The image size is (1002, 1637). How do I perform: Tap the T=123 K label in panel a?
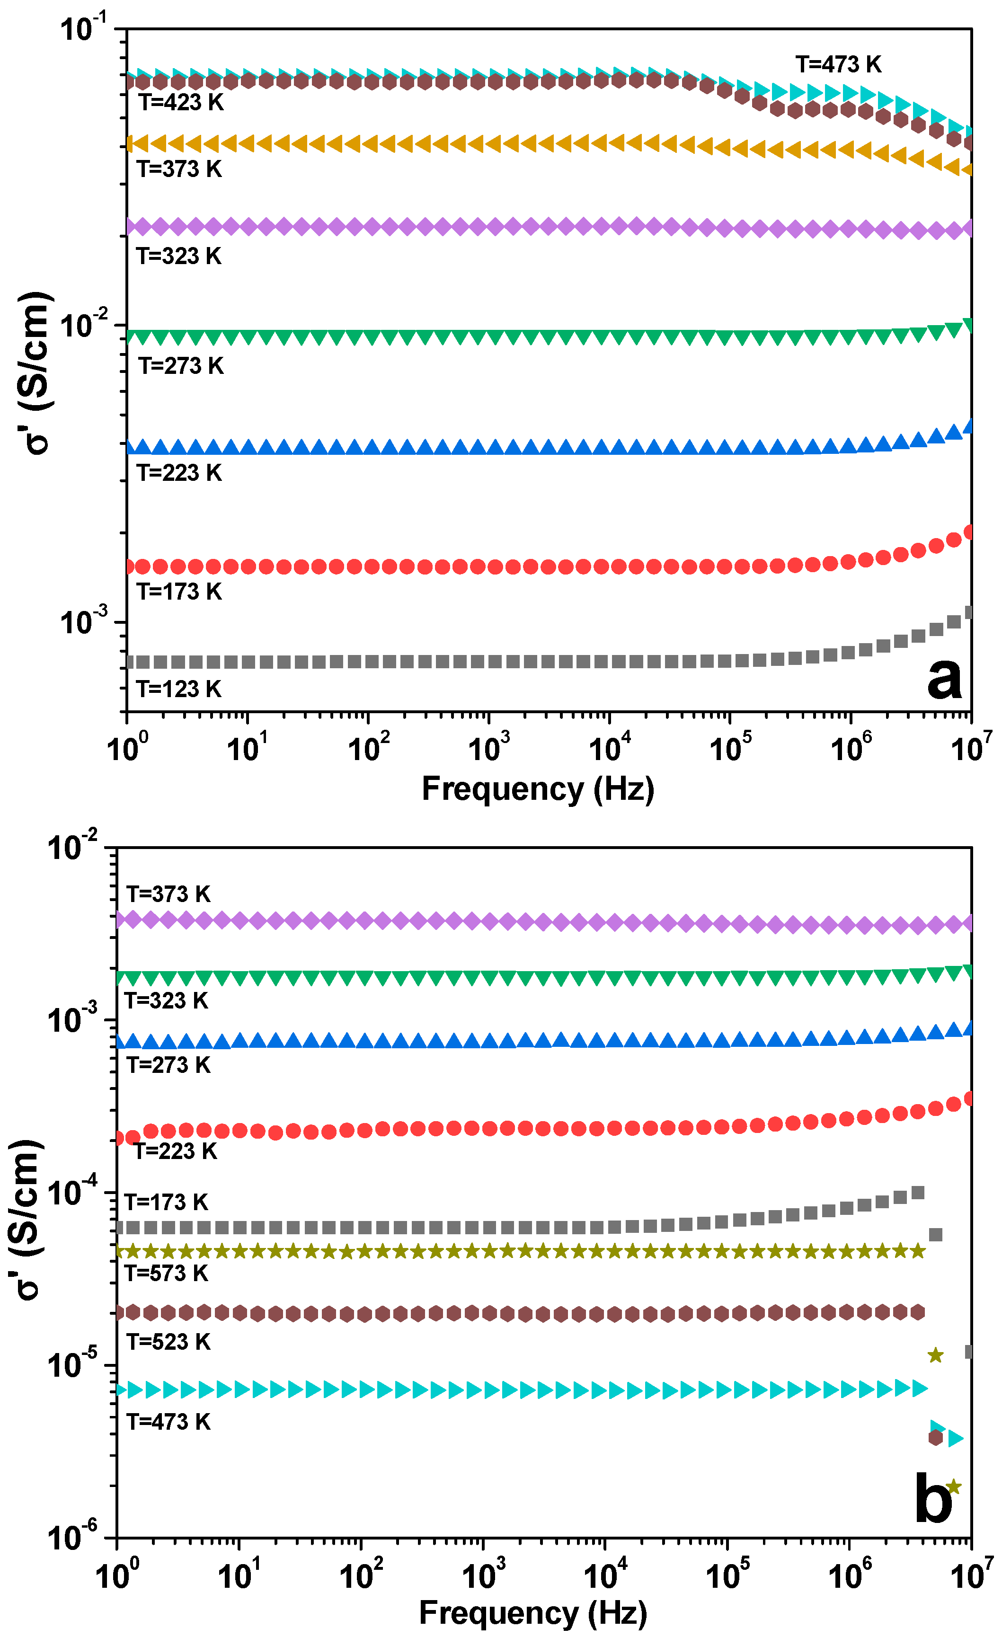coord(179,689)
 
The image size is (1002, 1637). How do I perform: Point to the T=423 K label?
coord(181,102)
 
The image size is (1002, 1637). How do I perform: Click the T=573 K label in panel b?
coord(167,1273)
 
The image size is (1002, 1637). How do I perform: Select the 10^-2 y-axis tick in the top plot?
coord(82,324)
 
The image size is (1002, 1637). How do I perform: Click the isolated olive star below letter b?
coord(954,1487)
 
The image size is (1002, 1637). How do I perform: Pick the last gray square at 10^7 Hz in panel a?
coord(969,612)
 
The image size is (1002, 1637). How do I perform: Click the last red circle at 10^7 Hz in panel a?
coord(969,531)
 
